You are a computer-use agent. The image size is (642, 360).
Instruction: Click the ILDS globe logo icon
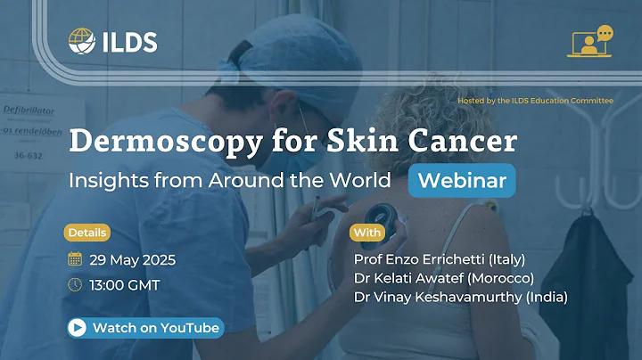(x=82, y=41)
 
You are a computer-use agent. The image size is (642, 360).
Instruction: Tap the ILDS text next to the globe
(x=130, y=42)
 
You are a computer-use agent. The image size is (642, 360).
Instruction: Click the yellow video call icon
(x=590, y=41)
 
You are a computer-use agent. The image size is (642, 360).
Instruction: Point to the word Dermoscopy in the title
(x=166, y=142)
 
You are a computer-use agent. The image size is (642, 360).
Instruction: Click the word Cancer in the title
(x=463, y=140)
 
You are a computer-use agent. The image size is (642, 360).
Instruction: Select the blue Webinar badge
(x=462, y=180)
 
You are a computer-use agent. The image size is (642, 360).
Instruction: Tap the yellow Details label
(x=87, y=233)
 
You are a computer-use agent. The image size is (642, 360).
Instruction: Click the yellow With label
(x=367, y=233)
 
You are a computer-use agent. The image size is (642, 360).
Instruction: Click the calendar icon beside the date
(x=75, y=259)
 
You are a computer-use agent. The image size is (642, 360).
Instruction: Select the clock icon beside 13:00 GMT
(x=75, y=285)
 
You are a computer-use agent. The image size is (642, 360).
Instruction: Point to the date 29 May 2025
(x=133, y=260)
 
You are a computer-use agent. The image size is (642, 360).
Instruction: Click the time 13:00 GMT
(x=125, y=285)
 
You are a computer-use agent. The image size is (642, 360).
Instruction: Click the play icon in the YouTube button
(x=77, y=328)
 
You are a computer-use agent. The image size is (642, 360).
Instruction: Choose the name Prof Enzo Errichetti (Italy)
(x=440, y=259)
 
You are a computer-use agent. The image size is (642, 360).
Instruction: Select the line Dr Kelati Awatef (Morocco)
(x=444, y=278)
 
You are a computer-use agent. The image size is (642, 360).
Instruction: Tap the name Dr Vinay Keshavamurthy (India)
(x=461, y=297)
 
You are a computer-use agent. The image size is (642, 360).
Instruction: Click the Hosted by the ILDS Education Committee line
(x=536, y=100)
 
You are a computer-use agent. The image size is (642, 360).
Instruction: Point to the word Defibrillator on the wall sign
(x=29, y=110)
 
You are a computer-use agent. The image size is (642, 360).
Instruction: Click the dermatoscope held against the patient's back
(x=381, y=219)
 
